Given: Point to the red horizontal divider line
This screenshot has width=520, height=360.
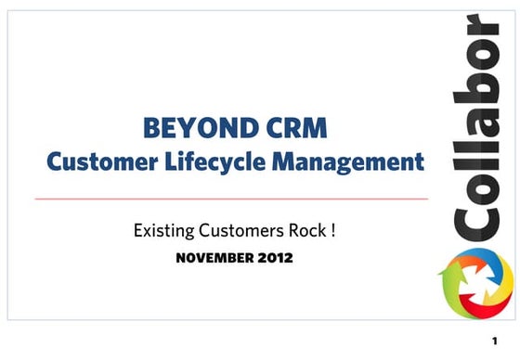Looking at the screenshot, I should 231,199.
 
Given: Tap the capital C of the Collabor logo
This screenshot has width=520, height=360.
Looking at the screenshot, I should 474,221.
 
